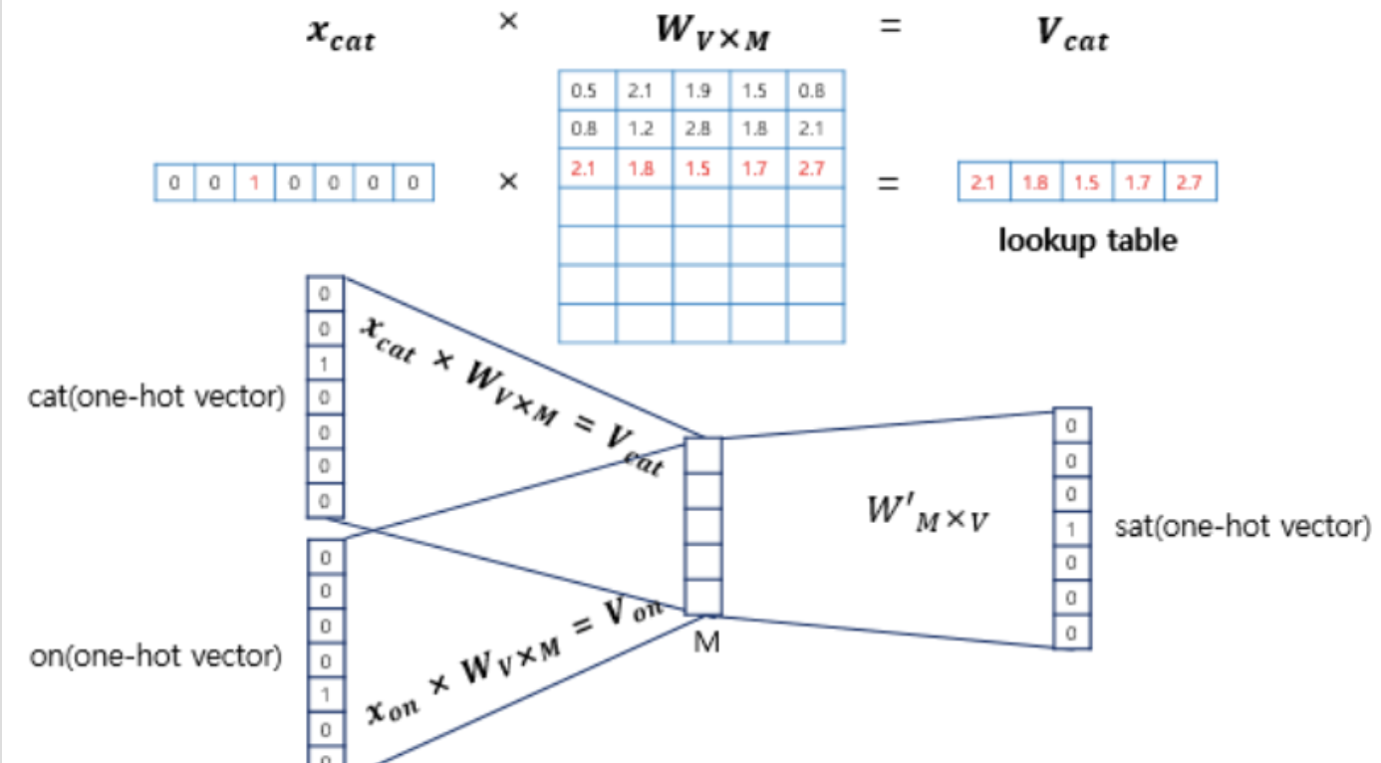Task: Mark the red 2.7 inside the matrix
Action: (x=812, y=167)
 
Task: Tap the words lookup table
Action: (x=1087, y=240)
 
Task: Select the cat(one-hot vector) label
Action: (x=156, y=397)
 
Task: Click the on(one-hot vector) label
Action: (x=154, y=656)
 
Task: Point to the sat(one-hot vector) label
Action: (x=1242, y=526)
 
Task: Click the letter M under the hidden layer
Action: (x=705, y=642)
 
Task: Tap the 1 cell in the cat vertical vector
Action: (x=324, y=364)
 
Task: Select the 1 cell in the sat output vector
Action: (x=1071, y=529)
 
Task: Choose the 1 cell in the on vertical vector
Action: (x=325, y=694)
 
